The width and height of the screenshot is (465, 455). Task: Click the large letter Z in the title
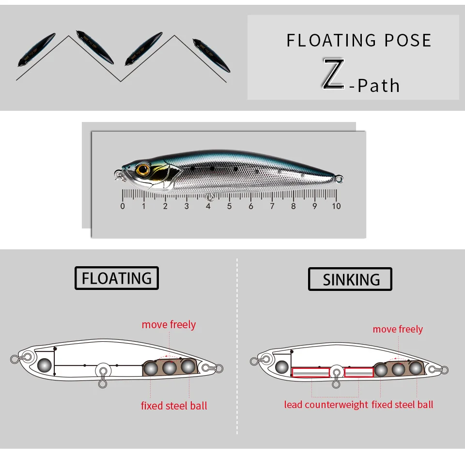coord(334,73)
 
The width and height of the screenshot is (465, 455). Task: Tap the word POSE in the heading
coord(408,41)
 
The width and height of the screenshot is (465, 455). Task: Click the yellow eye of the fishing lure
coord(143,170)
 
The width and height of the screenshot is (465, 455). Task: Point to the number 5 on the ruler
coord(229,206)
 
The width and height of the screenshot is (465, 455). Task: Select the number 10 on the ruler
coord(336,206)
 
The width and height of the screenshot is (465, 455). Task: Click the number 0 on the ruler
coord(123,206)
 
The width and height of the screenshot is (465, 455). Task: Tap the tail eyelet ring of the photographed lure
coord(339,179)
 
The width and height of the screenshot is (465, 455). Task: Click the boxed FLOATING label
coord(117,278)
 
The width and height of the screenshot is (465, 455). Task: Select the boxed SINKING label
coord(350,279)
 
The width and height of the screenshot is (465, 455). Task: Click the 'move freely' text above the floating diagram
coord(169,325)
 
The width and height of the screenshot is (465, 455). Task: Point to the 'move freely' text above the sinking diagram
coord(398,329)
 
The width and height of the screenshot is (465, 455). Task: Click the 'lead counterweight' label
coord(326,405)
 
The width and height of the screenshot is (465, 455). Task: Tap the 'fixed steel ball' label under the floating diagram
coord(174,406)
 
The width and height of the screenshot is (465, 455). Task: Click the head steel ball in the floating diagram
coord(45,365)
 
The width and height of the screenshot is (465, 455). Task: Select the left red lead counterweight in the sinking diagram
coord(310,372)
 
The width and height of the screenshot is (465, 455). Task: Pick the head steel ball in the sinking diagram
coord(282,367)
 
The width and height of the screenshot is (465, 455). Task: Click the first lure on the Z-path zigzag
coord(36,49)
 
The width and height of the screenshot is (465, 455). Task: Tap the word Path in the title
coord(379,86)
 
